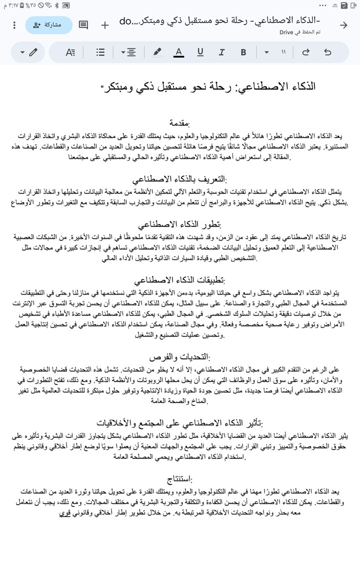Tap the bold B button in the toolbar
click(x=243, y=52)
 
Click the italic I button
click(x=221, y=52)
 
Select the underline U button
click(x=200, y=52)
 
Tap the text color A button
click(x=178, y=52)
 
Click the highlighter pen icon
click(x=156, y=52)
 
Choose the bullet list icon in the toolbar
click(x=100, y=52)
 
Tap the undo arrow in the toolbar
click(x=327, y=52)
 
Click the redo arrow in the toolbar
click(x=305, y=52)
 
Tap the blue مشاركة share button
click(x=48, y=25)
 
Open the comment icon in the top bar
click(x=83, y=25)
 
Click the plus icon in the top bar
click(x=105, y=25)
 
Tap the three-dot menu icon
click(x=14, y=25)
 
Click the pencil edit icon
click(x=33, y=52)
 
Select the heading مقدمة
click(x=179, y=123)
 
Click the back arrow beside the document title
click(x=343, y=25)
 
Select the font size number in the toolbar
click(x=283, y=52)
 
